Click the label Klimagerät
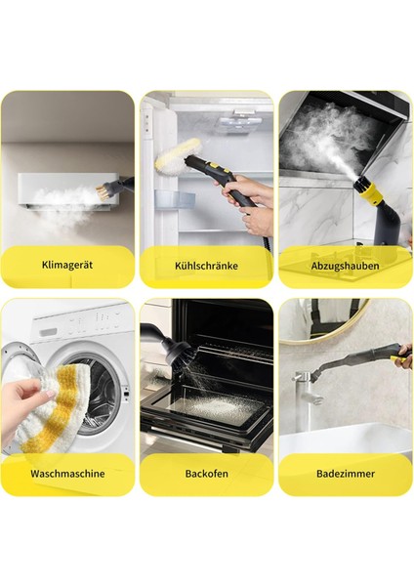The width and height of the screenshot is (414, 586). pos(67,265)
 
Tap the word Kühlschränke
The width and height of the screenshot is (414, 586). pos(206,265)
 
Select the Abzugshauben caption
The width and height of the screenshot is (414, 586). pos(344,265)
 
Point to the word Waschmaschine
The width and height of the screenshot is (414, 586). pos(67,473)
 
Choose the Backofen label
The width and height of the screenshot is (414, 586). pos(206,473)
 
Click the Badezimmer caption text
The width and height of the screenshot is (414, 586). pos(344,473)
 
